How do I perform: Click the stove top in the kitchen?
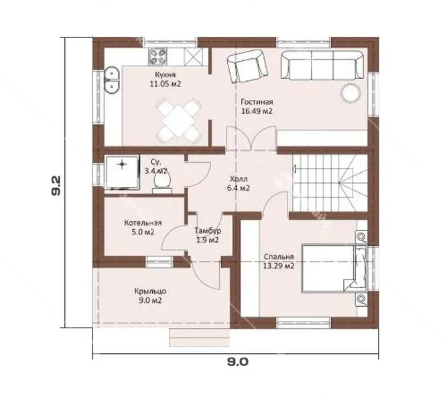pos(157,56)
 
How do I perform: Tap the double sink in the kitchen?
pos(112,80)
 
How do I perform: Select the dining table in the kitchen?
pos(178,121)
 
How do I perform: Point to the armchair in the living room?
pos(247,66)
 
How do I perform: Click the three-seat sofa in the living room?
pos(322,65)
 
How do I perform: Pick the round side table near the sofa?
pos(351,92)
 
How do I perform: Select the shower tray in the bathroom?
pos(123,172)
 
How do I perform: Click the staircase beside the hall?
pos(330,184)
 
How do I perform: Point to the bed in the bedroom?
pos(334,268)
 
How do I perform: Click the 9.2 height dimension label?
pos(56,186)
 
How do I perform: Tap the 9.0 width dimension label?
pos(237,362)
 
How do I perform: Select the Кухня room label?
pos(166,74)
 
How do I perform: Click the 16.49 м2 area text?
pos(257,111)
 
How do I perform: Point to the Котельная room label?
pos(143,222)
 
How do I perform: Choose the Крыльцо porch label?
pos(150,291)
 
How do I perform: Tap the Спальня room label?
pos(279,257)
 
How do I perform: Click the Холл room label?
pos(239,179)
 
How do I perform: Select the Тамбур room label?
pos(208,230)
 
